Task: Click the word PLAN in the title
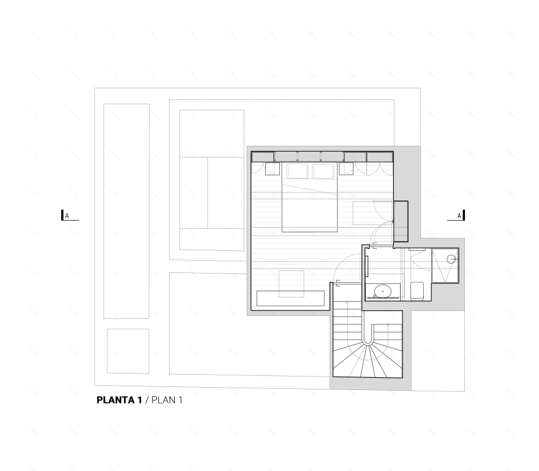point(163,400)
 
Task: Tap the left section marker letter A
point(67,216)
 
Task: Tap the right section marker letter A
point(459,216)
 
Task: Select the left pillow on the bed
point(298,171)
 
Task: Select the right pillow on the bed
point(323,171)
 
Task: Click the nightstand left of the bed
point(273,169)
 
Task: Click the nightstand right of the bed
point(346,169)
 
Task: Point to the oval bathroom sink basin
point(382,291)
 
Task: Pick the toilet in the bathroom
point(417,291)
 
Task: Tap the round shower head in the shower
point(451,259)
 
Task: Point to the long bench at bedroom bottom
point(290,299)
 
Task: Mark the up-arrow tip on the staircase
point(347,302)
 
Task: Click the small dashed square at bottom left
point(128,351)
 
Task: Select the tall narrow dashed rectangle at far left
point(127,211)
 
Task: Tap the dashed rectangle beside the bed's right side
point(372,213)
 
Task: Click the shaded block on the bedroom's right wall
point(401,221)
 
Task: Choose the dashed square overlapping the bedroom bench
point(291,284)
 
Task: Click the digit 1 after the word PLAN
point(180,400)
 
